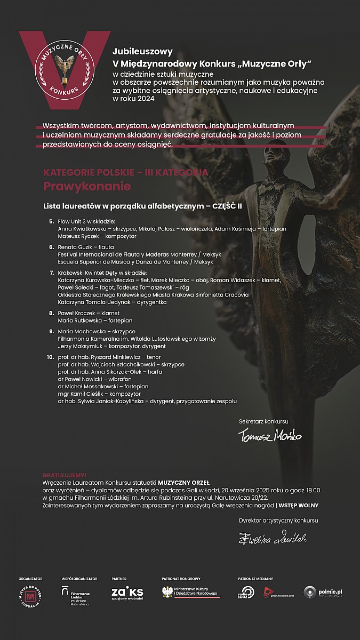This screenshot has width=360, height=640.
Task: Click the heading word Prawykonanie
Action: click(87, 187)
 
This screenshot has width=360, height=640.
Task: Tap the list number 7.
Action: click(52, 273)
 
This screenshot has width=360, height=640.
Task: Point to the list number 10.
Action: click(51, 357)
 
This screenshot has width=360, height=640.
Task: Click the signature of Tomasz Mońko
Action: click(269, 436)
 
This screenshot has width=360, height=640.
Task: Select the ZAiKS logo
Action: click(127, 593)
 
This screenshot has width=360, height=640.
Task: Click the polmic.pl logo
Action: click(323, 592)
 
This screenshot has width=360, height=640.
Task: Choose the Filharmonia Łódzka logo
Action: click(75, 595)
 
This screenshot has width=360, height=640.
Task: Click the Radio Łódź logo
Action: click(247, 593)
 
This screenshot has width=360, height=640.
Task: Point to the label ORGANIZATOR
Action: click(30, 578)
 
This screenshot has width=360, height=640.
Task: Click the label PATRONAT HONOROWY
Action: click(181, 578)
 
